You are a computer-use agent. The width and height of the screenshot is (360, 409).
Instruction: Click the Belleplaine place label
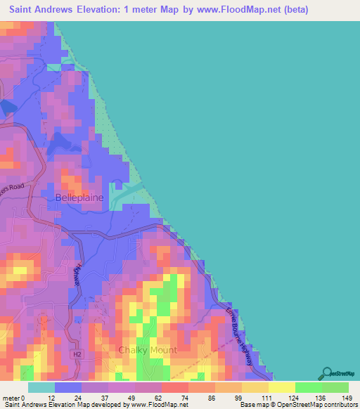[79, 198]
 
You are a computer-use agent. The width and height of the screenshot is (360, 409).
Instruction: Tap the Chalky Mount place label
[148, 350]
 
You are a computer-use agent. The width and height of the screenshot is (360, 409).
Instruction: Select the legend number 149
[345, 397]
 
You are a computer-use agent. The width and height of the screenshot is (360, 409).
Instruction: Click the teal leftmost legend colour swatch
[41, 387]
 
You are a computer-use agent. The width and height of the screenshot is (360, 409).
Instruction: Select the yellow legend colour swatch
[281, 387]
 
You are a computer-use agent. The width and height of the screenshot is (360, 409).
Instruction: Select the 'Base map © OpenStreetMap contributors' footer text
[296, 405]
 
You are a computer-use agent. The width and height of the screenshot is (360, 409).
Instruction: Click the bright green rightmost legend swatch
[335, 387]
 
